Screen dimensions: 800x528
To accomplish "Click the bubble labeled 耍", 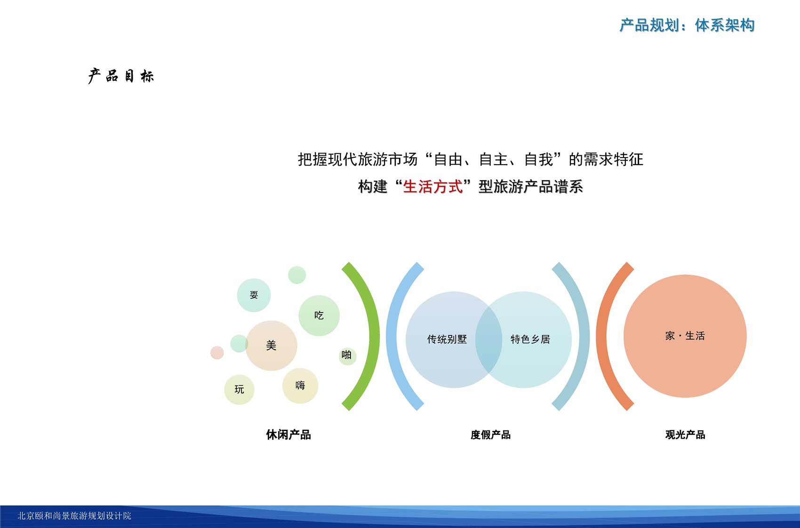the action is tap(254, 295).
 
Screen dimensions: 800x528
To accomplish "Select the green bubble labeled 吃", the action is tap(319, 315).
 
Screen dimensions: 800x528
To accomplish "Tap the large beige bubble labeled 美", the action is tap(271, 345).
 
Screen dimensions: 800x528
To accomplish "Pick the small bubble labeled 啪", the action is tap(347, 356).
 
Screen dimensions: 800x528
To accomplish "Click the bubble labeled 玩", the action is tap(239, 389).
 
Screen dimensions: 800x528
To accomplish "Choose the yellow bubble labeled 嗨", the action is tap(300, 386).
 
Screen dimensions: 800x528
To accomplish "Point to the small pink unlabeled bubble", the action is tap(217, 352).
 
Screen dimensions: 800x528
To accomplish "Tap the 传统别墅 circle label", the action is tap(447, 339).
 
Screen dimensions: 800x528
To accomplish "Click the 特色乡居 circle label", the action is tap(530, 339).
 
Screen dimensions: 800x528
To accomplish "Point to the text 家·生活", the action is tap(685, 336).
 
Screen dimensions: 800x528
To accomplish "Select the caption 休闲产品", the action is tap(288, 435).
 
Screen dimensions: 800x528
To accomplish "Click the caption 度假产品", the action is tap(490, 435).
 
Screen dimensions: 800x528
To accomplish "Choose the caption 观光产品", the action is tap(685, 435).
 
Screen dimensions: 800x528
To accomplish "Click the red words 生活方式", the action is tap(433, 186).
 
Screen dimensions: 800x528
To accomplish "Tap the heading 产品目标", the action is tap(121, 76).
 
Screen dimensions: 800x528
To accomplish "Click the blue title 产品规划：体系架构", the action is tap(687, 25).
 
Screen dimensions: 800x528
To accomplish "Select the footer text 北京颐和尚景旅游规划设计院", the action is tap(74, 516).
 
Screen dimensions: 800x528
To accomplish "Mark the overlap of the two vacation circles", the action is tap(488, 340).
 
